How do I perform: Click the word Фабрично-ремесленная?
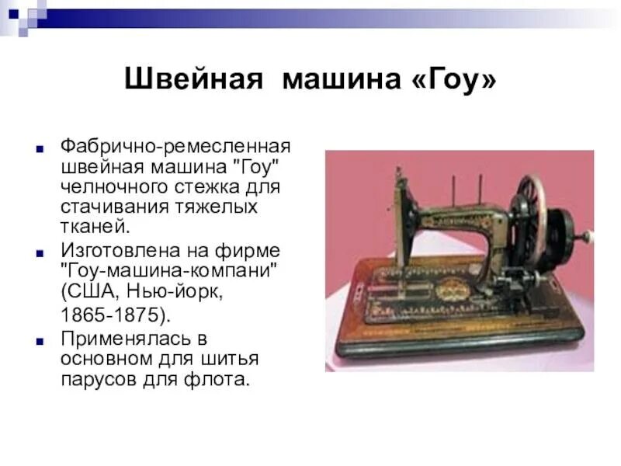[175, 147]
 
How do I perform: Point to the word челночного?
[108, 187]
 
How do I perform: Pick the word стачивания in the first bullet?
[109, 207]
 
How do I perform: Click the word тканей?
[92, 228]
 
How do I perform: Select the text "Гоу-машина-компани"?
[170, 272]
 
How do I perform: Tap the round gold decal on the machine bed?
[449, 292]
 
